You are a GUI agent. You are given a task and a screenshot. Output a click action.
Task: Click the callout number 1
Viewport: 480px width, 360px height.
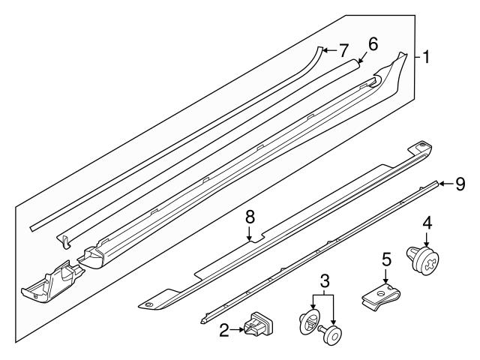425,57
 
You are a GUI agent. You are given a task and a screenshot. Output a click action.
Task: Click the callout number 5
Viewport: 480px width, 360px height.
386,260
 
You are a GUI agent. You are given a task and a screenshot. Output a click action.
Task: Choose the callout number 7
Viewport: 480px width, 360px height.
343,51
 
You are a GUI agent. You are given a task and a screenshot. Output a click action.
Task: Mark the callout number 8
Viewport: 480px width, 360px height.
250,216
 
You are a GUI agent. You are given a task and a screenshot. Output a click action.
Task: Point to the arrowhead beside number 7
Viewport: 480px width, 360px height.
324,49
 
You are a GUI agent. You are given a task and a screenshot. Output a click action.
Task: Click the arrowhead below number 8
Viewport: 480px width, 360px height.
250,238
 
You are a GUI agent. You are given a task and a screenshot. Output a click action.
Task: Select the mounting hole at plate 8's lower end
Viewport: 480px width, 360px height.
148,304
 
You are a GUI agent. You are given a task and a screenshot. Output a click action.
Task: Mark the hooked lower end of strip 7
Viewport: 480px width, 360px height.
64,241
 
